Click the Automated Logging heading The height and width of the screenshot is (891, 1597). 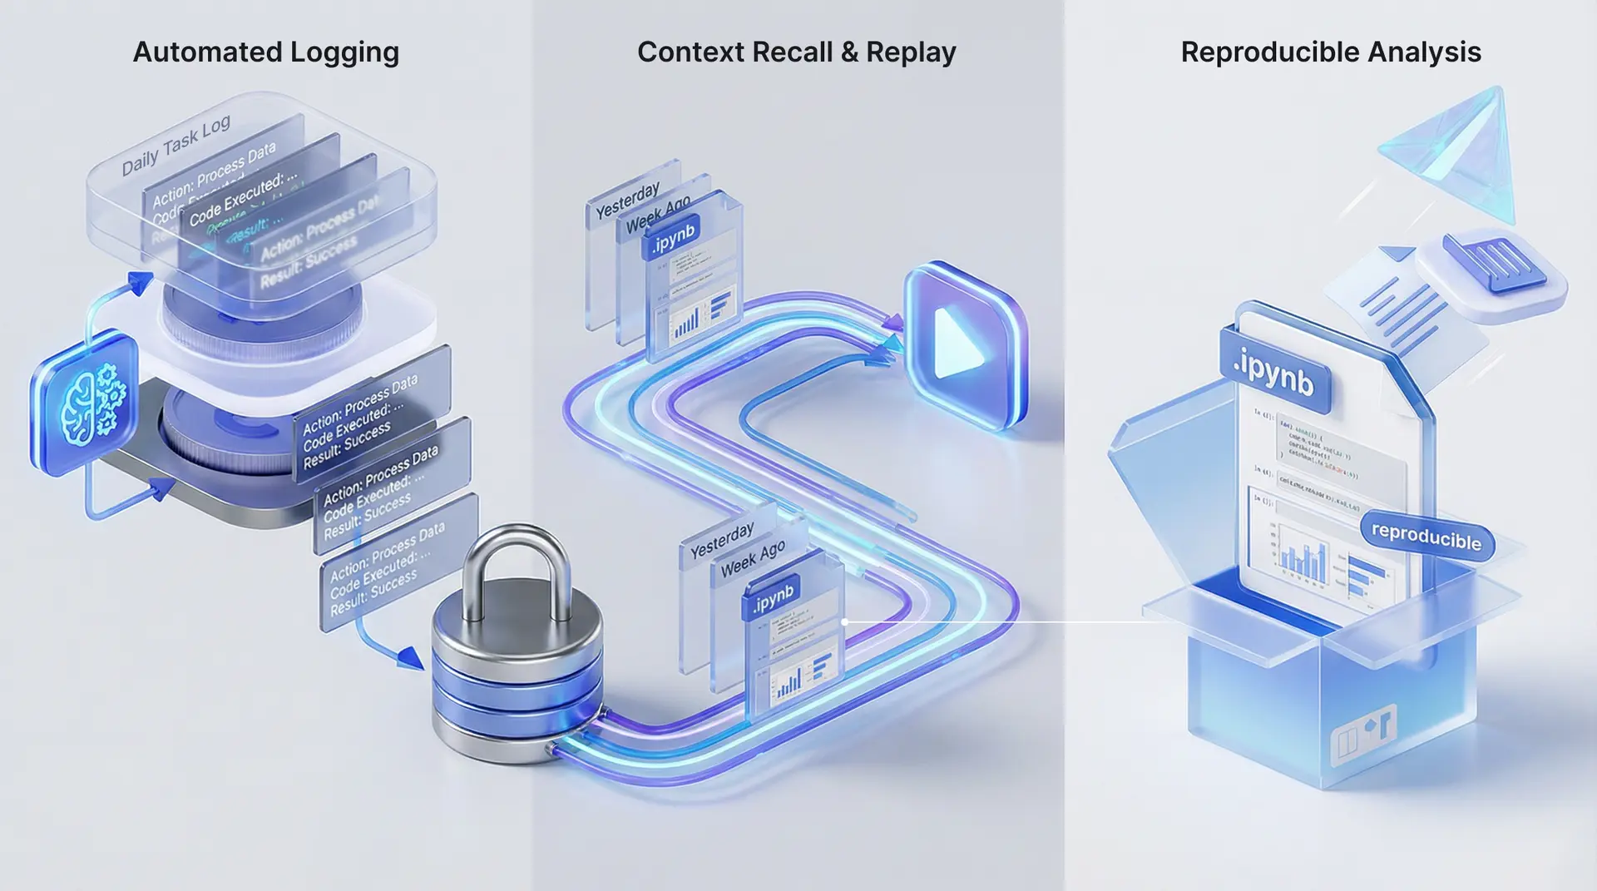[266, 52]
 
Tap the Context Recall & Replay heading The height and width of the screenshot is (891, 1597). [796, 52]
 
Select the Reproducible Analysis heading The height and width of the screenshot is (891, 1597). [1330, 52]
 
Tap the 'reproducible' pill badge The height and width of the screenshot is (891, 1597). [1426, 537]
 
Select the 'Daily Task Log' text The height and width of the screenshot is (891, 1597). [176, 146]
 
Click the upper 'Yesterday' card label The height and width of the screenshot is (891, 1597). [628, 200]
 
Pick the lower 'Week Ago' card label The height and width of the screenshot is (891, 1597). [753, 558]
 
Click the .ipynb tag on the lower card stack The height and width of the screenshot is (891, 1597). [773, 597]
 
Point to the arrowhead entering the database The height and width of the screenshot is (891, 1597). [411, 658]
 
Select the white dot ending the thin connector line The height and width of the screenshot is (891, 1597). [845, 621]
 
